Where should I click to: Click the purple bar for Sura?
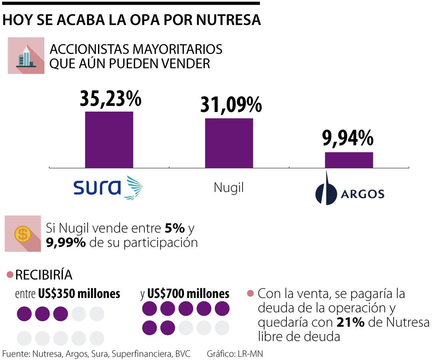(109, 140)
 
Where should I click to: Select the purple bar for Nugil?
(229, 143)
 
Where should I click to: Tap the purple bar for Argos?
(349, 160)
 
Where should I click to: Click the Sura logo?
(108, 187)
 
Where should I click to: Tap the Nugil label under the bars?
(229, 188)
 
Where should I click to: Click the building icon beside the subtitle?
(26, 56)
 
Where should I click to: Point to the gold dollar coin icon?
(23, 234)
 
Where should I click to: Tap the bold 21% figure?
(350, 322)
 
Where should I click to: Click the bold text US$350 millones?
(79, 294)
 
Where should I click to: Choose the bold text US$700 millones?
(188, 294)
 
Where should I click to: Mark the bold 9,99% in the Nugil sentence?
(66, 242)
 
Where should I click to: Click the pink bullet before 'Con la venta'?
(250, 294)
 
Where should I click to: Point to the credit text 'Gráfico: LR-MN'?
(235, 354)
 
